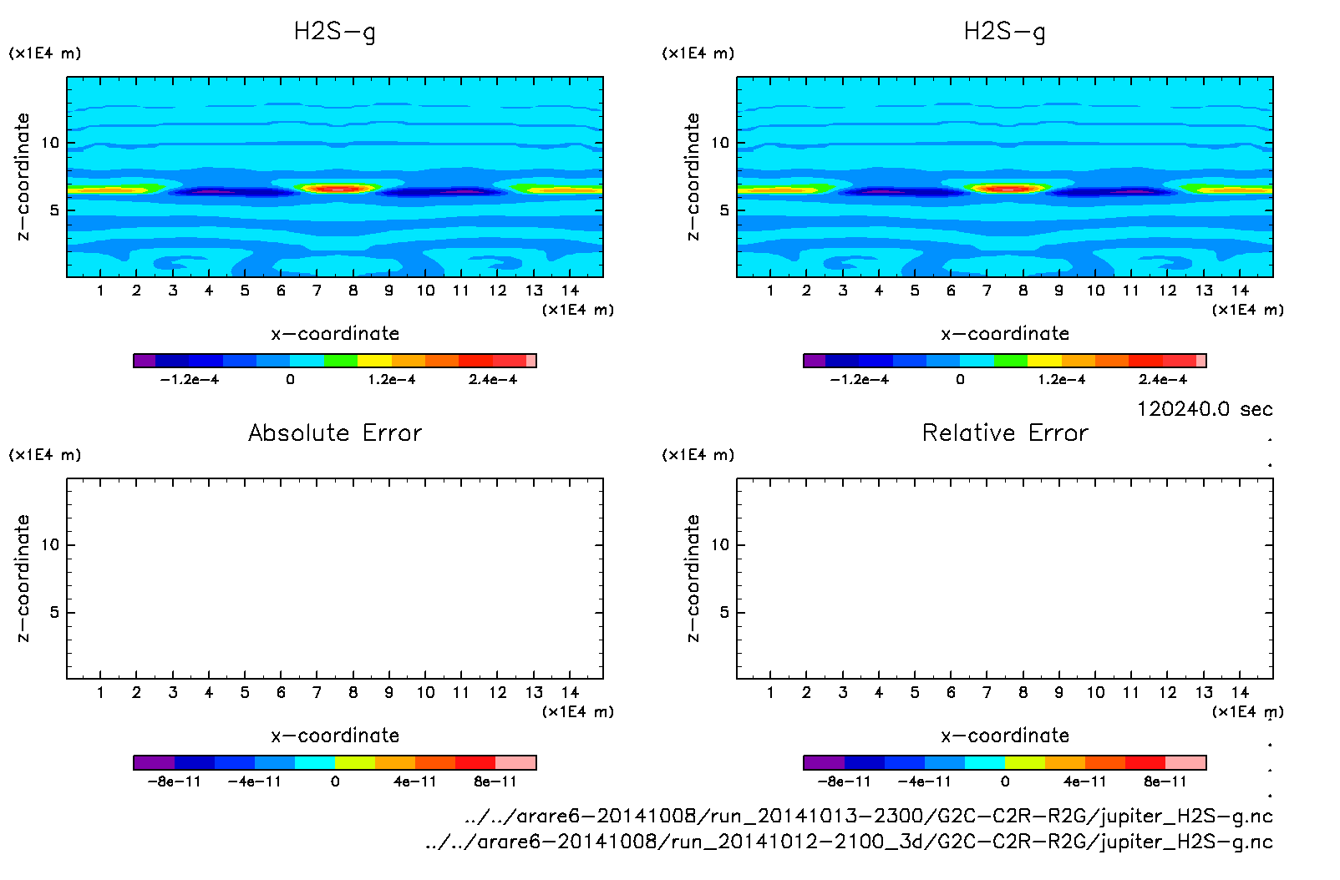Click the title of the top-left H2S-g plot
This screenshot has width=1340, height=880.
tap(334, 32)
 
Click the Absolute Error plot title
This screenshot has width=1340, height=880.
tap(335, 432)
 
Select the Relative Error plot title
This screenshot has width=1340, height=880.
tap(1005, 432)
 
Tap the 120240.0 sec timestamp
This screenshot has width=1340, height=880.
tap(1205, 409)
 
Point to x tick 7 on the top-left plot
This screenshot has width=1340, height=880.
tap(317, 291)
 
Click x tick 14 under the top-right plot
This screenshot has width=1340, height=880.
tap(1240, 291)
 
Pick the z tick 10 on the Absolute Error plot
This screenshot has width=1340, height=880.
tap(50, 544)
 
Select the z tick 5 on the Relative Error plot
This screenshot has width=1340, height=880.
tap(724, 612)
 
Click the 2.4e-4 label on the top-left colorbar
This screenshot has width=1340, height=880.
tap(493, 380)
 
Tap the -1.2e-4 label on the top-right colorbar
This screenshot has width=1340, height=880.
tap(859, 380)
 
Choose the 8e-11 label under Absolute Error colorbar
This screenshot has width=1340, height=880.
tap(495, 781)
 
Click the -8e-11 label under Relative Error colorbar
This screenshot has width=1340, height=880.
tap(844, 781)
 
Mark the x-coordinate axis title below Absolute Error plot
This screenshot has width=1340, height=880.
tap(335, 736)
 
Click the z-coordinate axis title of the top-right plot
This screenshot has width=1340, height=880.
tap(693, 177)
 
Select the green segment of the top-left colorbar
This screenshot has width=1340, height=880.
tap(340, 361)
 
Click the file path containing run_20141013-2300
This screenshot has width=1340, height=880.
tap(868, 816)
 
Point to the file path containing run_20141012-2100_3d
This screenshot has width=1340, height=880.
tap(848, 841)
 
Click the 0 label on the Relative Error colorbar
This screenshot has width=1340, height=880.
tap(1005, 781)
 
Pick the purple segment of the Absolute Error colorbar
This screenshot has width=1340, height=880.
tap(154, 762)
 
